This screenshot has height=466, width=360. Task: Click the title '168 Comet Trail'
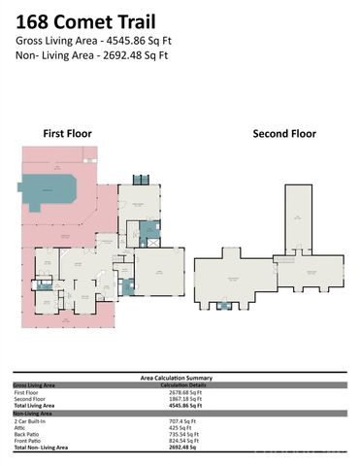coord(88,18)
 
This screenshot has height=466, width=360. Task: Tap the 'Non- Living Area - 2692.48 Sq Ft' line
coord(92,56)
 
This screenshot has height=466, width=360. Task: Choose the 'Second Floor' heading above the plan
coord(284,133)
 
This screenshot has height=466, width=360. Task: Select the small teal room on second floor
coord(225,306)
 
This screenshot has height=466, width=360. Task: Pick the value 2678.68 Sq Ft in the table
coord(185,392)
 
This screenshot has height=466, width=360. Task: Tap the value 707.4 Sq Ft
coord(181,420)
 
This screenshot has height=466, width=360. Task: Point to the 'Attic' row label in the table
coord(20,427)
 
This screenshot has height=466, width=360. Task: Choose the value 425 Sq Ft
coord(179,427)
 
